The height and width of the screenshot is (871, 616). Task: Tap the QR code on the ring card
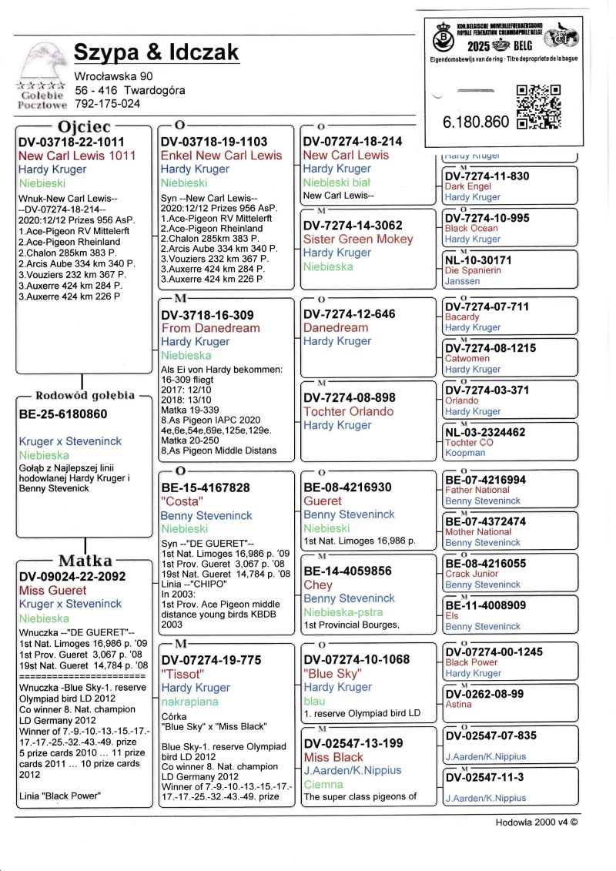tap(539, 106)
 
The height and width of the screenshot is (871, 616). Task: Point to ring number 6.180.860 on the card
tap(476, 122)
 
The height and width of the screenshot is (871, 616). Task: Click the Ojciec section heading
tap(84, 126)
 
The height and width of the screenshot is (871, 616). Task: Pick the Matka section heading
tap(85, 560)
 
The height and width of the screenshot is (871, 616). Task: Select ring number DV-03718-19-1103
tap(214, 142)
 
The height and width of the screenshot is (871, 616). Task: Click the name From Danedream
tap(210, 327)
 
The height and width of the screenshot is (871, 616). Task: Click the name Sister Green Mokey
tap(358, 239)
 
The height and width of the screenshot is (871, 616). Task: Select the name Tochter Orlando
tap(348, 411)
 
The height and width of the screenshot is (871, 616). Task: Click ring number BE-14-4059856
tap(347, 571)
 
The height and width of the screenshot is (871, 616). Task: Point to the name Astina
tap(458, 705)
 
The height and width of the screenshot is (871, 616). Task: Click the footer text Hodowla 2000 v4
tap(535, 822)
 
